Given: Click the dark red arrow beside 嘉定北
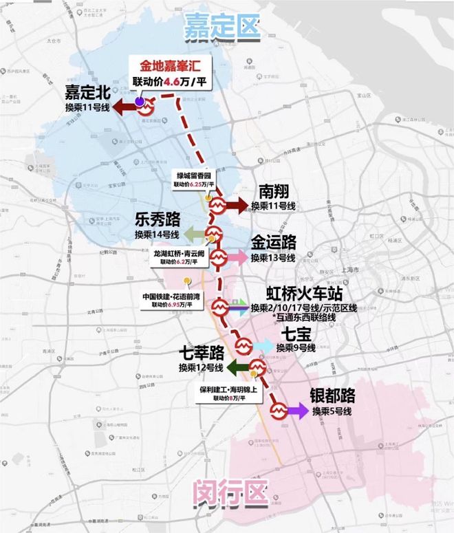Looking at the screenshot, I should point(125,107).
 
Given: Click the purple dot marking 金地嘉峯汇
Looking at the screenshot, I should point(140,101).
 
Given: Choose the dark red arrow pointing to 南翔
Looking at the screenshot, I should point(237,206).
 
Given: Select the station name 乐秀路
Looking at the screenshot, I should point(158,219).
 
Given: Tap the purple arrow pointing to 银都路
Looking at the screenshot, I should point(298,411).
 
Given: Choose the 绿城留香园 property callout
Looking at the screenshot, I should point(193,179).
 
